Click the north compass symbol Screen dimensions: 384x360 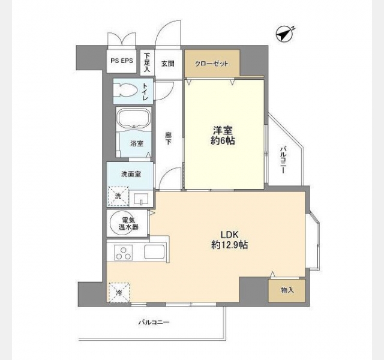285,34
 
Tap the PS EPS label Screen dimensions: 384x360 122,61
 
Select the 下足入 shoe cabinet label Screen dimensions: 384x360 147,62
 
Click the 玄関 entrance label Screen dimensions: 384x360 168,64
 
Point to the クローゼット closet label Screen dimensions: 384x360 212,64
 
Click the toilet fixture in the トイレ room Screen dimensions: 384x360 128,90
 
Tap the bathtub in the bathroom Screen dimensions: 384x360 134,118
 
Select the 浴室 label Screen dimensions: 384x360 137,143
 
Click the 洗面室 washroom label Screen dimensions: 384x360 131,174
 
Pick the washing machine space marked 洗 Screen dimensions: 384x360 118,196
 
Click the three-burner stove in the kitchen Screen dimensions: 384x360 124,253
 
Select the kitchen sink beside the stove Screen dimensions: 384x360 154,251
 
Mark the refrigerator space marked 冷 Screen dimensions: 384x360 119,292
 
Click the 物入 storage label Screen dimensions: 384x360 287,290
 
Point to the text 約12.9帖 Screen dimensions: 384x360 229,245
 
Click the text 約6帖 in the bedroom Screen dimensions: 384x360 223,141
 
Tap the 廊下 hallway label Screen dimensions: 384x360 168,139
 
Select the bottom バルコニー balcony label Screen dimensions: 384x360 154,322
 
